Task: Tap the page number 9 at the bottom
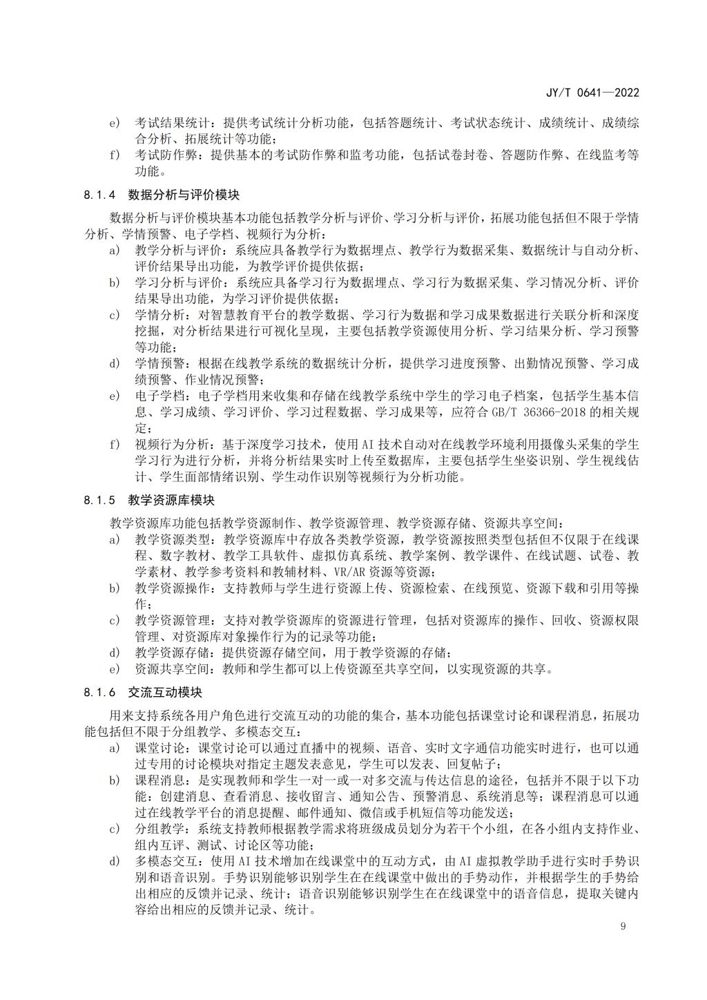[x=623, y=926]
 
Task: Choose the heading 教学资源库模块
[x=171, y=500]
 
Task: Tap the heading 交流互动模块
[x=165, y=692]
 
